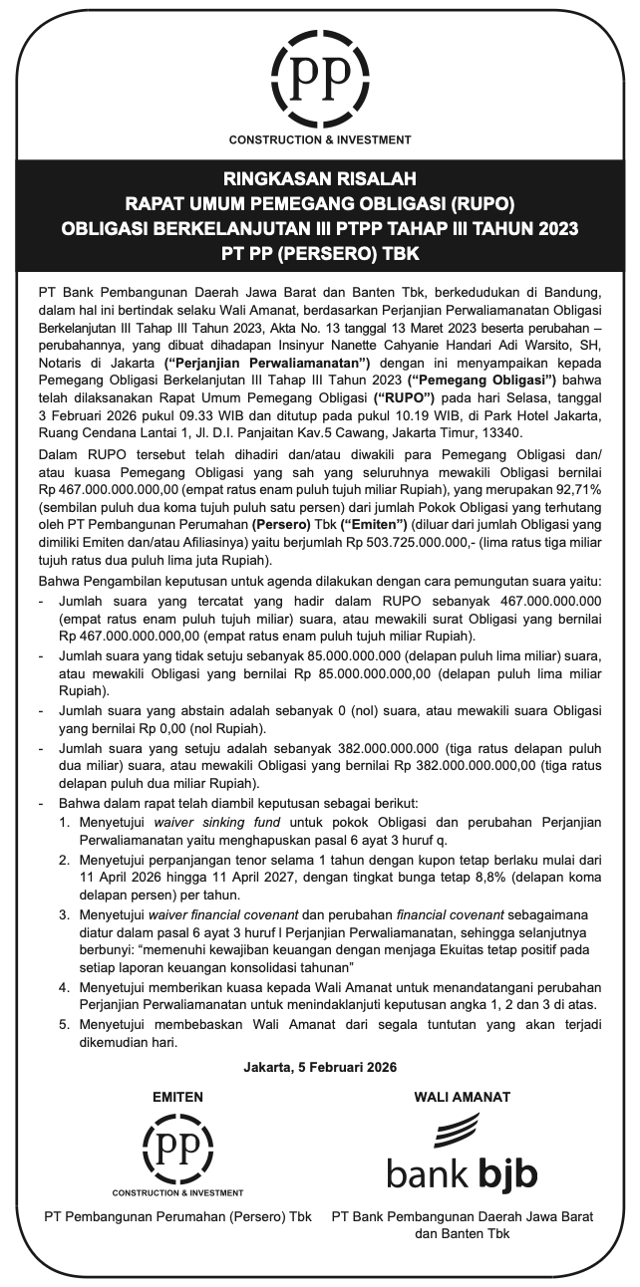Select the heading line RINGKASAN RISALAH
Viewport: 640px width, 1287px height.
pyautogui.click(x=319, y=181)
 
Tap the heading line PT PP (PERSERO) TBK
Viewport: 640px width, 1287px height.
pyautogui.click(x=319, y=254)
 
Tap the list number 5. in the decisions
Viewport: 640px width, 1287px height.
pyautogui.click(x=64, y=1025)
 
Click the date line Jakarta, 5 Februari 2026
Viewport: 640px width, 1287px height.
pyautogui.click(x=319, y=1068)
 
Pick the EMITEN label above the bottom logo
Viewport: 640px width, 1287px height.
pyautogui.click(x=177, y=1097)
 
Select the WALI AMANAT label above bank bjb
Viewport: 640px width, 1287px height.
pyautogui.click(x=462, y=1097)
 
